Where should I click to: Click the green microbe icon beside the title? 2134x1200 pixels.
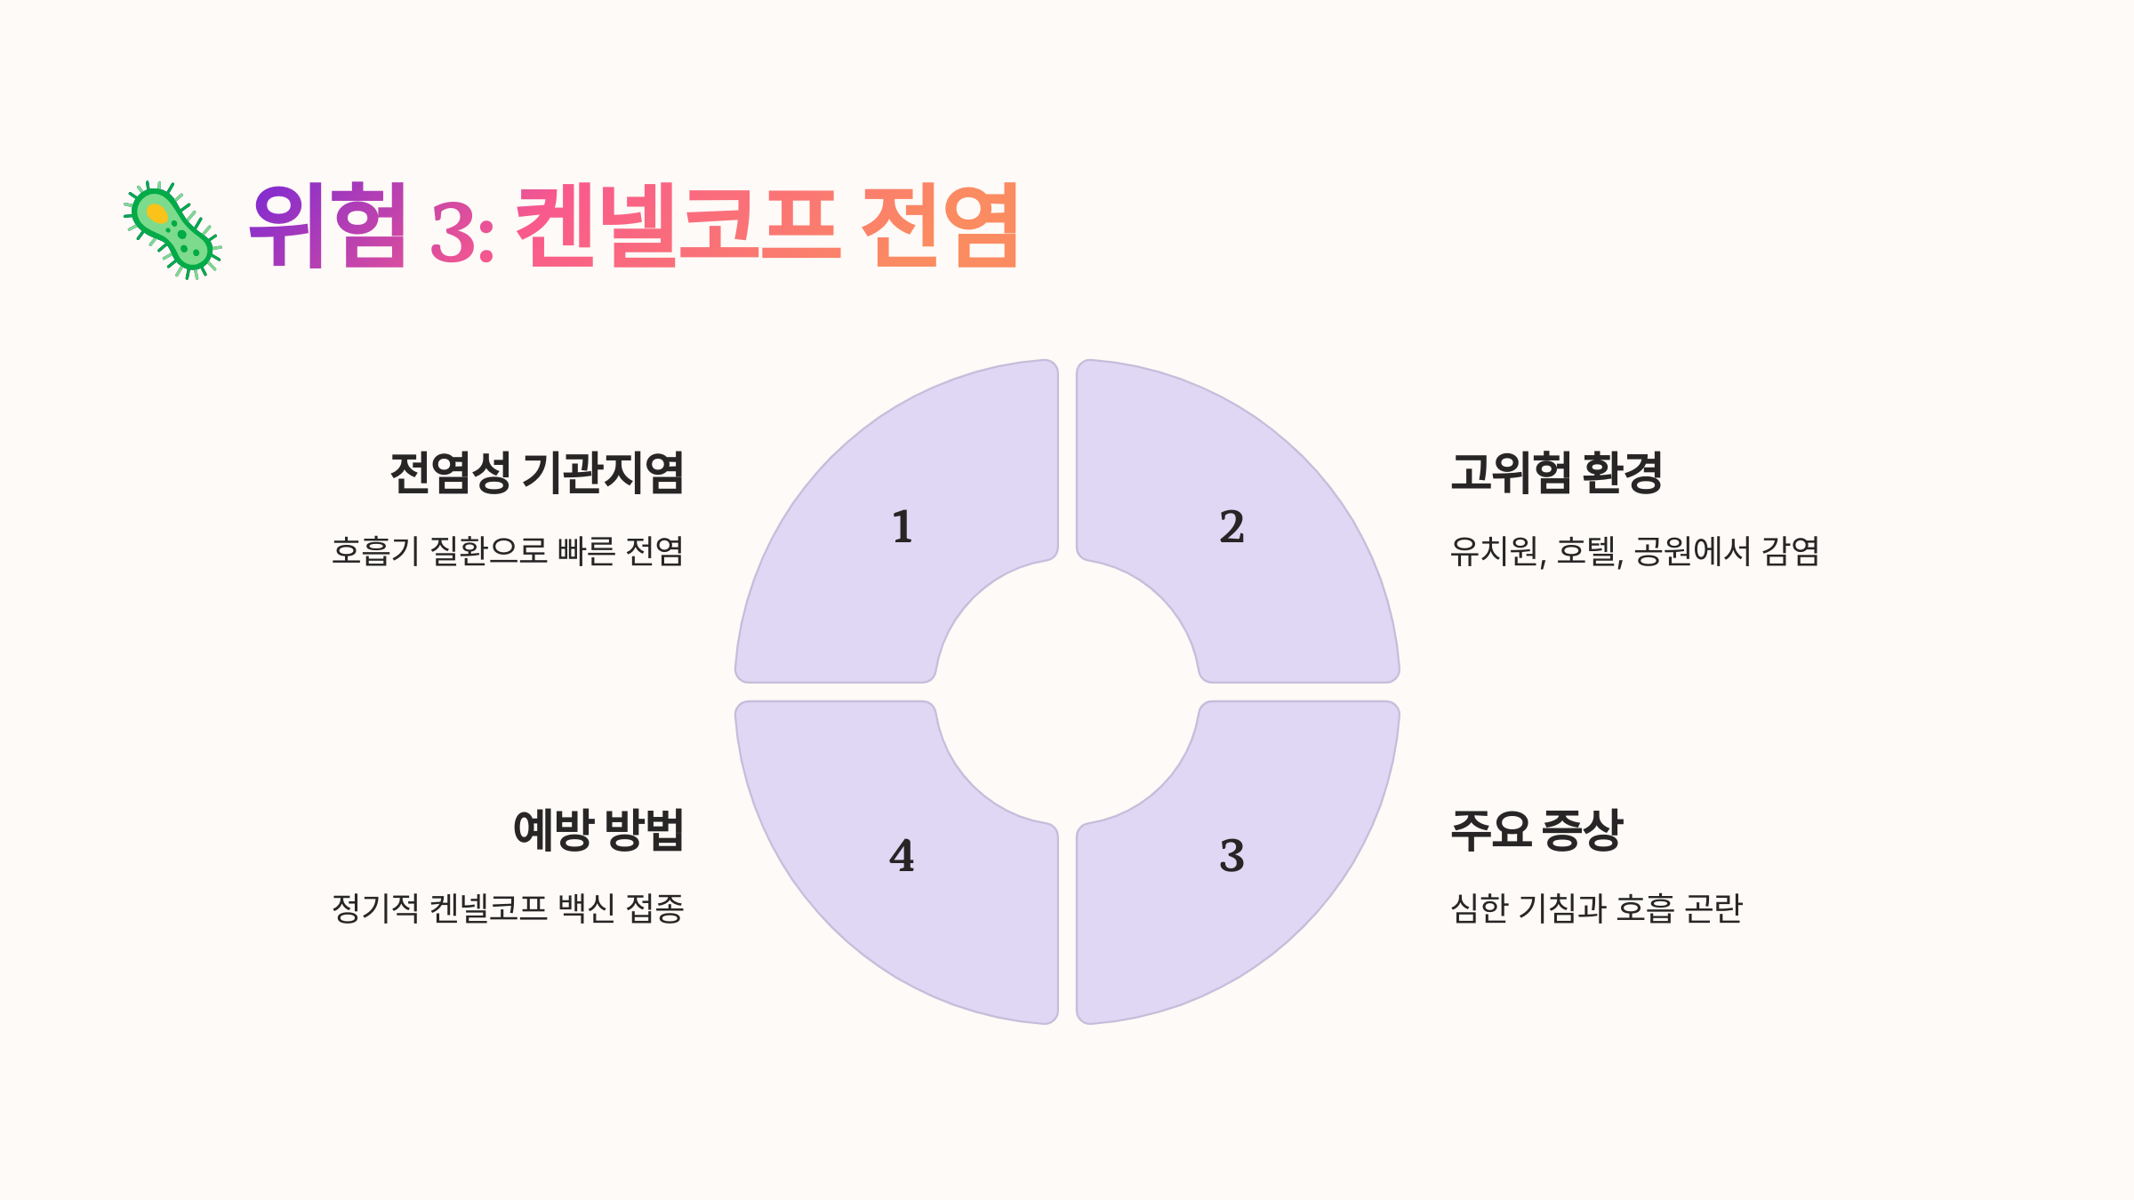point(172,230)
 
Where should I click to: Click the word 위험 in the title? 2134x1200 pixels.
point(327,226)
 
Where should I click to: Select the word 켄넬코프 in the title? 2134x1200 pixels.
point(678,226)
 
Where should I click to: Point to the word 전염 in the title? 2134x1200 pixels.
point(941,226)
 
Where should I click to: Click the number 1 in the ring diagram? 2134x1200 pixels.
point(903,527)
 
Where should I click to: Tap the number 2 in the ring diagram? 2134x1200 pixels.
point(1231,527)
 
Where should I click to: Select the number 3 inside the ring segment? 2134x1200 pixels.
point(1231,856)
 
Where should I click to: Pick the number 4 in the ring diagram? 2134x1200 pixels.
point(902,856)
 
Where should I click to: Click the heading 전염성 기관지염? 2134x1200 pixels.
point(537,472)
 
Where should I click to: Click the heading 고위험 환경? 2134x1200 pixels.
point(1556,472)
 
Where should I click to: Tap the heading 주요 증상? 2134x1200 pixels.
point(1536,830)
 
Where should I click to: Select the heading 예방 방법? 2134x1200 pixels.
point(598,830)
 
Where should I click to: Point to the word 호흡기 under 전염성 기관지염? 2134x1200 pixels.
point(374,551)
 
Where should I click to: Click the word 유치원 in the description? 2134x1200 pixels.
point(1495,551)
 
